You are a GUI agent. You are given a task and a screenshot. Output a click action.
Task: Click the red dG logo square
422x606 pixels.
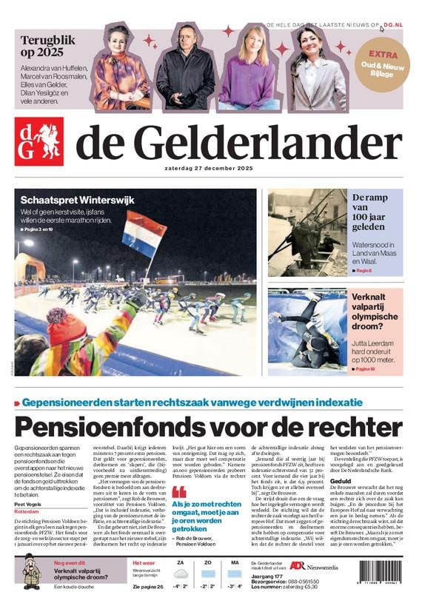point(38,141)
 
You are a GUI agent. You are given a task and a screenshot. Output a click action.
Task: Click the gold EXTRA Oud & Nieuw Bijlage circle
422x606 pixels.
point(383,64)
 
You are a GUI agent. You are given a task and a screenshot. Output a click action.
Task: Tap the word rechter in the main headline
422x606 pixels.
point(350,427)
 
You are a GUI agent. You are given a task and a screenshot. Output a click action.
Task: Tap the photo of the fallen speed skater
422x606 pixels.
point(307,330)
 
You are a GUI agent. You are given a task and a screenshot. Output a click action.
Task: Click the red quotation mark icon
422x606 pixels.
point(178,491)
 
